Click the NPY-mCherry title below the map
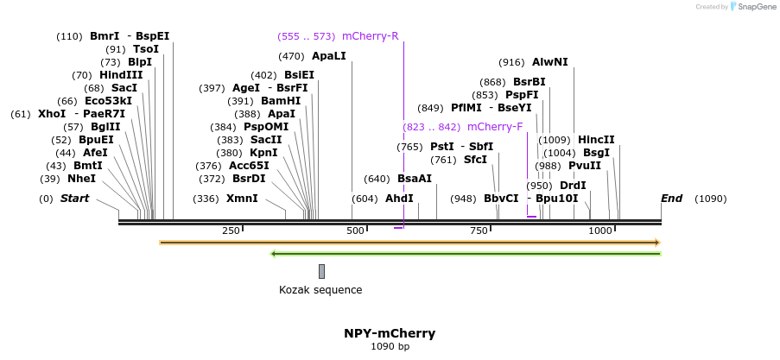(390, 333)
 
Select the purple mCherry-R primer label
(370, 36)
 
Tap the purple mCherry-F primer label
(494, 127)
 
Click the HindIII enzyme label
(121, 75)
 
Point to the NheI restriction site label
(81, 179)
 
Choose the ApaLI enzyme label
(328, 56)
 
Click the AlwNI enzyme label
(549, 62)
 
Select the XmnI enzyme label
(242, 199)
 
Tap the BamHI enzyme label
(281, 101)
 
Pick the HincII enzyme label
(596, 140)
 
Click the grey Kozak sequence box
(321, 271)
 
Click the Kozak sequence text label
(320, 290)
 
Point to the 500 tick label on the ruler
(355, 231)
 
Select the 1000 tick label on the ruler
(600, 231)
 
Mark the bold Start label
(74, 199)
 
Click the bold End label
(671, 199)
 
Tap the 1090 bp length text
(390, 347)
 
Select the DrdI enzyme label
(573, 186)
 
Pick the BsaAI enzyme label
(414, 179)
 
